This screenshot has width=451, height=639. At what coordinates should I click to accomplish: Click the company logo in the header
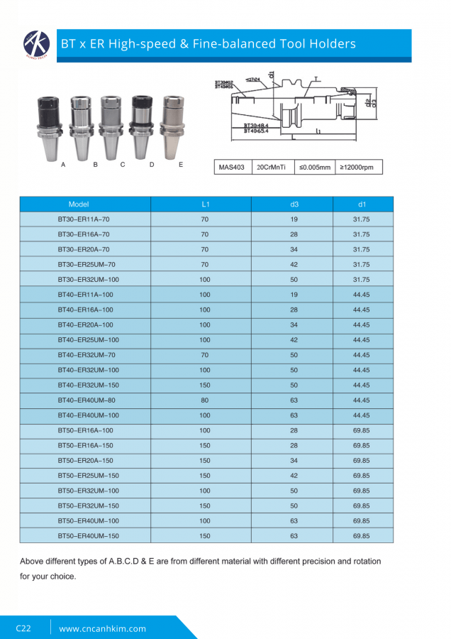tap(35, 44)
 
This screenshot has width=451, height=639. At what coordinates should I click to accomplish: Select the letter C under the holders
tap(123, 165)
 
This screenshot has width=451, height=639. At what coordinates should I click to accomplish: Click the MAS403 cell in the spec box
tap(232, 168)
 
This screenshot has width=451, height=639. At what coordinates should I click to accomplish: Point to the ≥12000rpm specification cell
tap(359, 168)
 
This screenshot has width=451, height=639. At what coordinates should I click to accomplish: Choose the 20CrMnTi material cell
tap(271, 168)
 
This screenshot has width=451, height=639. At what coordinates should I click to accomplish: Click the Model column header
tap(79, 204)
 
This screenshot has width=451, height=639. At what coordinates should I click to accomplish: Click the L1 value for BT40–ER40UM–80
tap(205, 400)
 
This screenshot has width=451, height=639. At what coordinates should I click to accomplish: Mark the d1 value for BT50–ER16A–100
tap(362, 430)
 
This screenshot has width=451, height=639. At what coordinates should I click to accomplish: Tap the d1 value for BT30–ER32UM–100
tap(362, 280)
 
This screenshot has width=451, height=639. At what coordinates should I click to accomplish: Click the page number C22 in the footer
tap(23, 628)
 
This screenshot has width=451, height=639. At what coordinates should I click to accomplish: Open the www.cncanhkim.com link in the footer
tap(103, 628)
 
